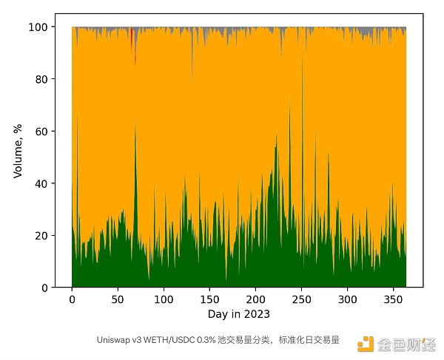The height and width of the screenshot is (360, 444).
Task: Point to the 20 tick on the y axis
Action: point(43,236)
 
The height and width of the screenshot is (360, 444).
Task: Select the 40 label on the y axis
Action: point(43,183)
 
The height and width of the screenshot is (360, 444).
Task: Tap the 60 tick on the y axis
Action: point(43,132)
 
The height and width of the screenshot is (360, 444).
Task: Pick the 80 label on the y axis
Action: point(43,79)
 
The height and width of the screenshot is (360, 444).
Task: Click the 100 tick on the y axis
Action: point(40,27)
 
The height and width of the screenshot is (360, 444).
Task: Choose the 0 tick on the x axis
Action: point(72,299)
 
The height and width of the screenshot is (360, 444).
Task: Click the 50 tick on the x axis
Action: point(118,299)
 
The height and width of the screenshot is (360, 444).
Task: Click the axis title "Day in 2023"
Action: point(238,314)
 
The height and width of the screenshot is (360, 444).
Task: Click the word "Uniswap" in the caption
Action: point(111,341)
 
